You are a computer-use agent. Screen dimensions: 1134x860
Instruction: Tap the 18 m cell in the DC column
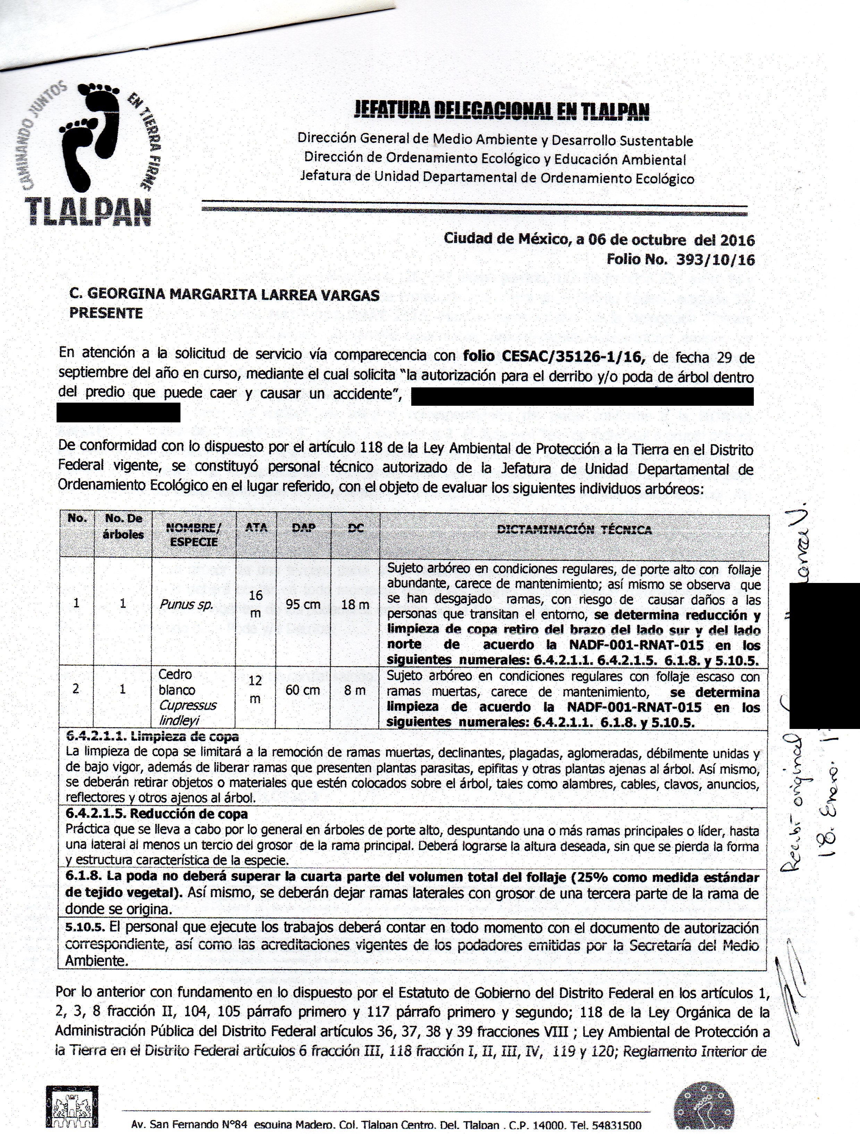coord(355,604)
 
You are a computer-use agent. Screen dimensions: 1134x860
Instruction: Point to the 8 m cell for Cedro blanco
coord(355,690)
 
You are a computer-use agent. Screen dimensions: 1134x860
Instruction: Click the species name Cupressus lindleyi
coord(187,713)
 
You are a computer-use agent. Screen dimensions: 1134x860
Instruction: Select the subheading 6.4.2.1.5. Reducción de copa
coord(157,814)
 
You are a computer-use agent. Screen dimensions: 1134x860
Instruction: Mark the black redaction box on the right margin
coord(824,655)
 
